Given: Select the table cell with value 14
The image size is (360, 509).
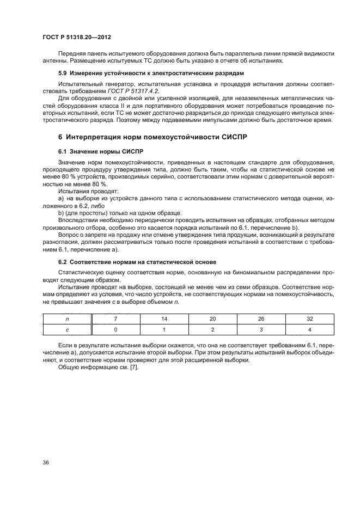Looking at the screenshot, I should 164,318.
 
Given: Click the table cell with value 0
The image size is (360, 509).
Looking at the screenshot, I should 115,329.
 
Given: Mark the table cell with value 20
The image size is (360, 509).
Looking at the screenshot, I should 212,318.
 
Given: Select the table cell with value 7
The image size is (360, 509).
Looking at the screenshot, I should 115,318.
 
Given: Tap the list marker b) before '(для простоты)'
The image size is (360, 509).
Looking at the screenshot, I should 61,213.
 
